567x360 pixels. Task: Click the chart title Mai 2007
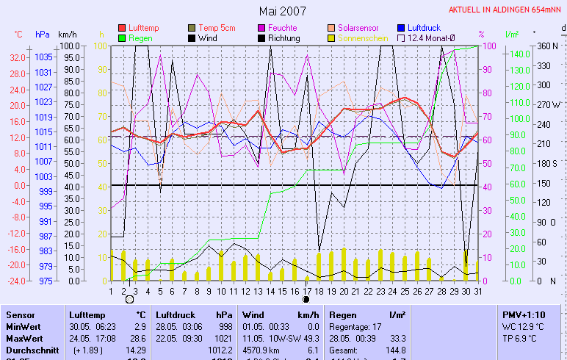click(x=283, y=11)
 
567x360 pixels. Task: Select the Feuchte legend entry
click(x=282, y=28)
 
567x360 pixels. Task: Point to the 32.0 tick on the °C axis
click(x=18, y=57)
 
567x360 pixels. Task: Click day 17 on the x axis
click(x=306, y=290)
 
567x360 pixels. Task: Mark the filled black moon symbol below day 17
click(x=306, y=299)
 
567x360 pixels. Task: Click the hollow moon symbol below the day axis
click(x=130, y=299)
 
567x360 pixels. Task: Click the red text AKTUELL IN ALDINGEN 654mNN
click(x=506, y=10)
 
